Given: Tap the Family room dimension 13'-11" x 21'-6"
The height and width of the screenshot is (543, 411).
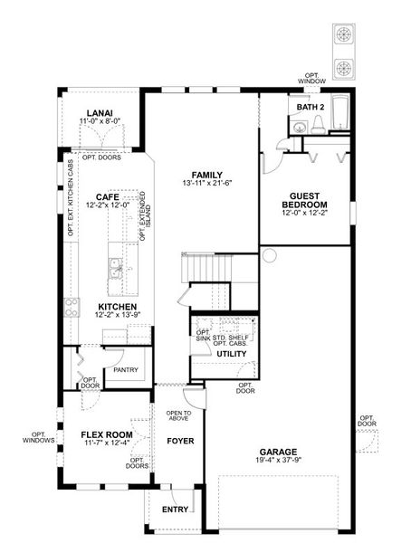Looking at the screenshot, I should click(x=206, y=183).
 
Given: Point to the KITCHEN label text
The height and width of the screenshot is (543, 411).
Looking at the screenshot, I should click(x=117, y=307).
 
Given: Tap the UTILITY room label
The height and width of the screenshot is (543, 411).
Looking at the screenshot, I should click(x=229, y=353).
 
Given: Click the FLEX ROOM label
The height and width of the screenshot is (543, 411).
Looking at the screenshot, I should click(x=107, y=433).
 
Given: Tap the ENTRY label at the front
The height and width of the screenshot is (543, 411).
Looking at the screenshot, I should click(x=175, y=510).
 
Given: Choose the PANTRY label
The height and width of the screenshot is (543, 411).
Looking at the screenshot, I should click(x=126, y=370).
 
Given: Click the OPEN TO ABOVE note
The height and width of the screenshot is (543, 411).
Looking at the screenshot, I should click(x=178, y=416).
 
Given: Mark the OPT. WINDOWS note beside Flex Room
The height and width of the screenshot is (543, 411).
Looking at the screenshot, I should click(x=39, y=437).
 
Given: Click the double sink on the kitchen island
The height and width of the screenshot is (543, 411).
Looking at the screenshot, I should click(x=116, y=267).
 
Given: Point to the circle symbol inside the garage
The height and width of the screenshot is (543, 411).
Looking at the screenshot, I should click(x=268, y=256).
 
